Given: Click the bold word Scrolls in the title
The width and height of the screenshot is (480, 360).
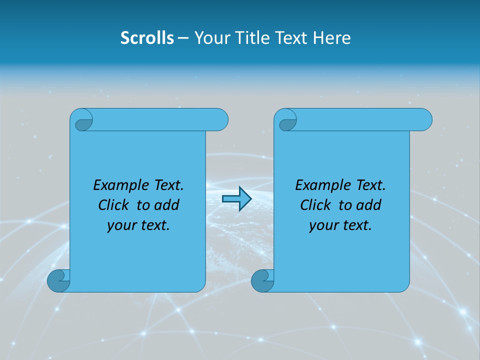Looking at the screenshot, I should click(147, 37).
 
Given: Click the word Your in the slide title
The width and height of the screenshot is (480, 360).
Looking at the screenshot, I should click(211, 37).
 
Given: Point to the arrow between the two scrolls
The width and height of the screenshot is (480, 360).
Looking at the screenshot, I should click(236, 199).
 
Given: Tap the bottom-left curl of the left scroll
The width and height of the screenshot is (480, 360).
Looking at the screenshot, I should click(58, 281).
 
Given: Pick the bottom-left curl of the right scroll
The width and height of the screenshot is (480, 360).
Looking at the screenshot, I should click(262, 281).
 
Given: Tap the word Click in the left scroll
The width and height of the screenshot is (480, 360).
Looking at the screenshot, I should click(113, 205).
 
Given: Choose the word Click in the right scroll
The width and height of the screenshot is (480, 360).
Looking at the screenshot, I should click(315, 205).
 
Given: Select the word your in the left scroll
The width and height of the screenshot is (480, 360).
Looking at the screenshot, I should click(120, 225).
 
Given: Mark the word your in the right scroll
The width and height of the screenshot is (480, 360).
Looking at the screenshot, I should click(322, 225).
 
